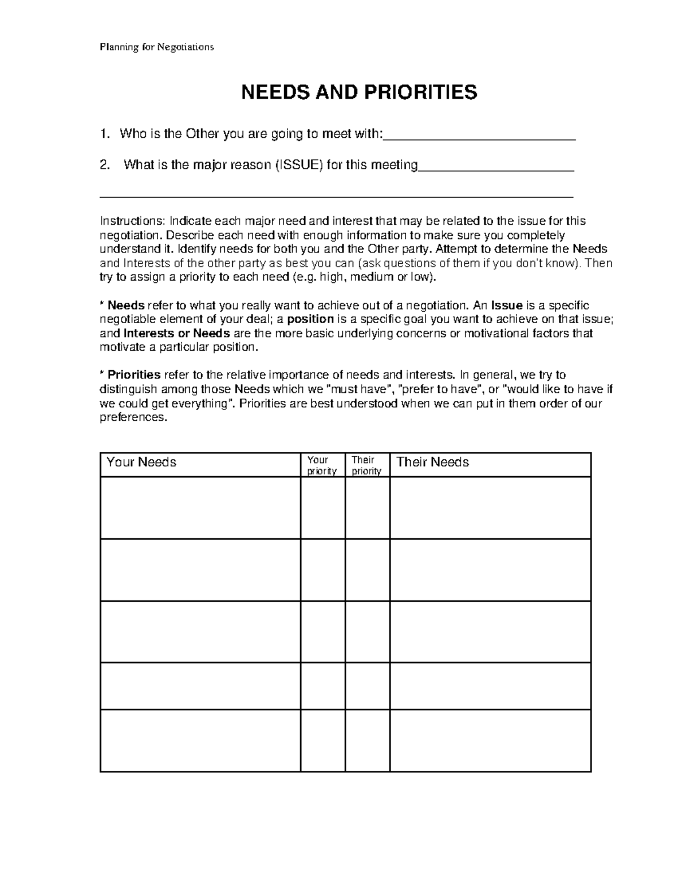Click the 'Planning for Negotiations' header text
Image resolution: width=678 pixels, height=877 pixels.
pyautogui.click(x=157, y=47)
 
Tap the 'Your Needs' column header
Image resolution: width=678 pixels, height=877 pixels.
pyautogui.click(x=141, y=463)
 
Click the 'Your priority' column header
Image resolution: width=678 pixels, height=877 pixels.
pyautogui.click(x=322, y=465)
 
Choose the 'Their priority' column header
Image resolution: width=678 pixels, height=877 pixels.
pyautogui.click(x=367, y=465)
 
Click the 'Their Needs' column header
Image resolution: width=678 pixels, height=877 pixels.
pyautogui.click(x=433, y=463)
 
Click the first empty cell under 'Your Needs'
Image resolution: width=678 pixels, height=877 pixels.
pyautogui.click(x=200, y=508)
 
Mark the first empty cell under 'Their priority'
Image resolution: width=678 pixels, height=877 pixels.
pyautogui.click(x=367, y=508)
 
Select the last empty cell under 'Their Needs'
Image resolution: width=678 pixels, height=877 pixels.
pyautogui.click(x=490, y=740)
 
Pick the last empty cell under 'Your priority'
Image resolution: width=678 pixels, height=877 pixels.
pyautogui.click(x=323, y=740)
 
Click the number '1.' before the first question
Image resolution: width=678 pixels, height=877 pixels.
pyautogui.click(x=104, y=134)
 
